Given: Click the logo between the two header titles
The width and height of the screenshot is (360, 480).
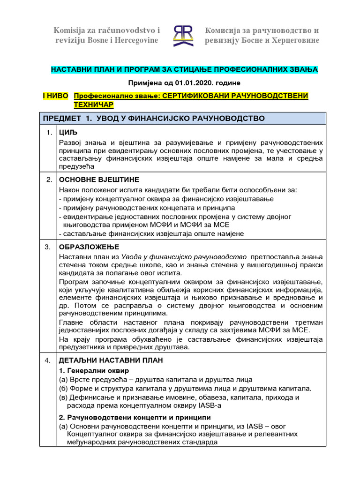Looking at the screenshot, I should point(182,36).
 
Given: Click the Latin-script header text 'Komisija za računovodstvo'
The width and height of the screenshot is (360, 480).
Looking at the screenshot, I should point(107,30).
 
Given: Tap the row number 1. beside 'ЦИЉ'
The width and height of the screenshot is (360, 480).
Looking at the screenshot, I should point(49,133).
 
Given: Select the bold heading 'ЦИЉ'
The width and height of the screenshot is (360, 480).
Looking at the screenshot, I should point(68,133).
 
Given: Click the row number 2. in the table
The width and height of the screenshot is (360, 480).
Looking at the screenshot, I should point(49,180).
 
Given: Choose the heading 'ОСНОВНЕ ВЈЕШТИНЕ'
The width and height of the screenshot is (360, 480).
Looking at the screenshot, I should point(99,180).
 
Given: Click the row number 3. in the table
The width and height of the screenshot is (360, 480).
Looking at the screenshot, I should point(49,247).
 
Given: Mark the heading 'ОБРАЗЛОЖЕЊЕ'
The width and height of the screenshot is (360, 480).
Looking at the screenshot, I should point(89,247).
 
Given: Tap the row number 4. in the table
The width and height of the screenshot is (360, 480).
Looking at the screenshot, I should point(49,360).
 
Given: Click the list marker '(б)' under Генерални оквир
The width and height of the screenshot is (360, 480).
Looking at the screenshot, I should point(64,389).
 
